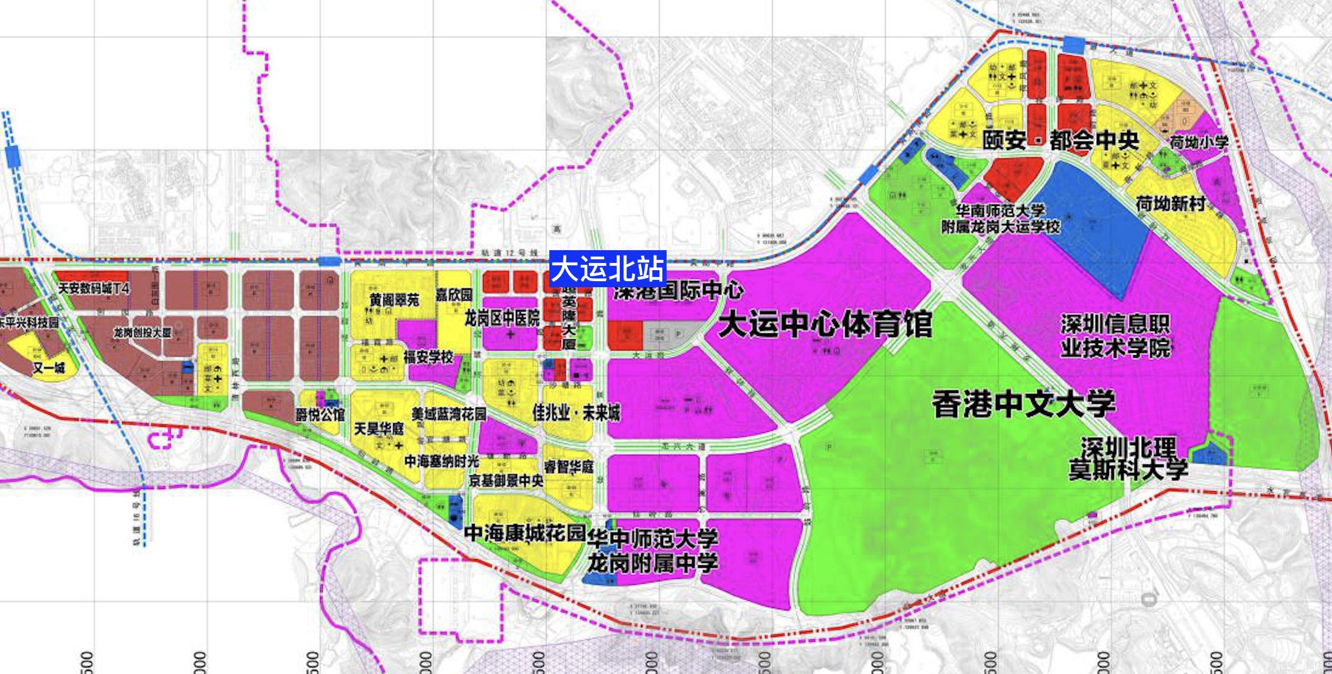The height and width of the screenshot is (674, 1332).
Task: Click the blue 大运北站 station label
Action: coord(608,268)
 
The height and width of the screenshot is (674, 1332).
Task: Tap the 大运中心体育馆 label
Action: coord(825,325)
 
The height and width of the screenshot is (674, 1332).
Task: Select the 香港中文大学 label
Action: coord(1023,404)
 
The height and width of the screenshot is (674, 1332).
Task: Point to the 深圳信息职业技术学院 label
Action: coord(1115,336)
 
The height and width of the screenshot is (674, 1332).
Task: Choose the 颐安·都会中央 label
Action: coord(1060,140)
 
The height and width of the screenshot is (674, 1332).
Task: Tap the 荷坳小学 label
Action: coord(1199,142)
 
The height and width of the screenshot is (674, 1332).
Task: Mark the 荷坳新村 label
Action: coord(1170,203)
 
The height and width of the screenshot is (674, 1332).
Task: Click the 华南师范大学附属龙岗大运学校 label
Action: coord(1000,219)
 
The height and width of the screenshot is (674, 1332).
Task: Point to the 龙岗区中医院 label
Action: coord(502,318)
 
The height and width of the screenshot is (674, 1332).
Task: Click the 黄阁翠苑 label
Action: coord(394,300)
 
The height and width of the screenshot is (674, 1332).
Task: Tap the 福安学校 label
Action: coord(428,357)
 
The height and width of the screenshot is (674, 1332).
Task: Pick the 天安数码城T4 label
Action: coord(94,288)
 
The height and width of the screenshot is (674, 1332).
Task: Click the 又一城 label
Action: coord(49,368)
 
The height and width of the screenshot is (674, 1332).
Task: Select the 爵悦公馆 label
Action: coord(320,415)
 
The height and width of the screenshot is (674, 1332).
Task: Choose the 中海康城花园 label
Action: coord(524,533)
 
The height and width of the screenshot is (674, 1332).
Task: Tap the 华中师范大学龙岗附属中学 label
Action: coord(652,551)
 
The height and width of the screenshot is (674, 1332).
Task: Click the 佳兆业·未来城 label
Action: coord(576,413)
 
